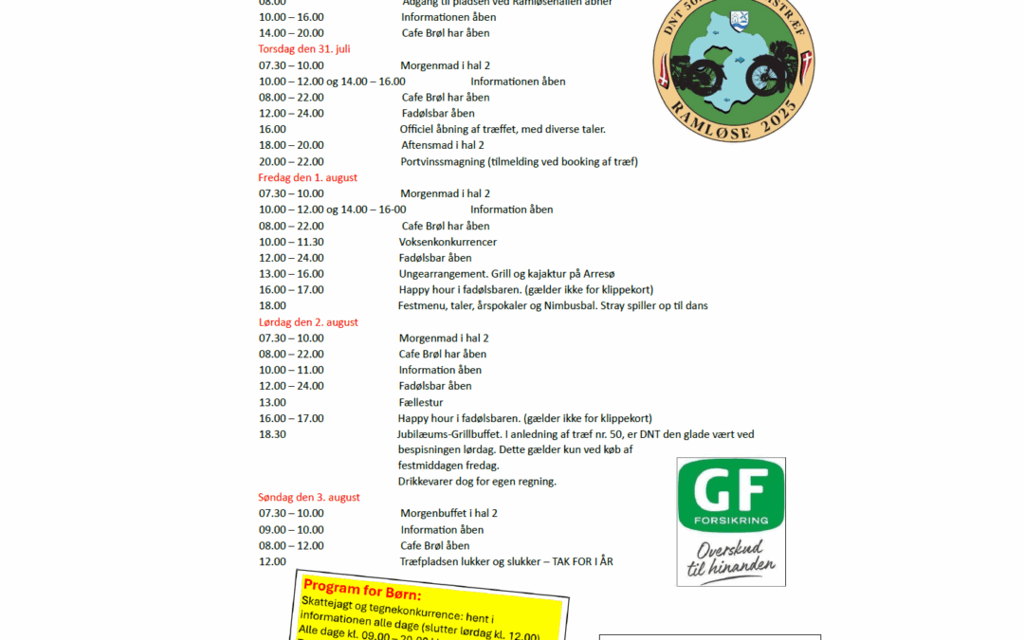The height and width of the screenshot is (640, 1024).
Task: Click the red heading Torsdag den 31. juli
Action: [304, 49]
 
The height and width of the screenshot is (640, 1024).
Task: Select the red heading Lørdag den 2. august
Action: [308, 322]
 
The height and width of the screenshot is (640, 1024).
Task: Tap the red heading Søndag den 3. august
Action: [309, 498]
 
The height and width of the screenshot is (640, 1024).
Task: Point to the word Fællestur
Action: [421, 402]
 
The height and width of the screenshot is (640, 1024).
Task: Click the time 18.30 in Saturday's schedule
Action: [272, 434]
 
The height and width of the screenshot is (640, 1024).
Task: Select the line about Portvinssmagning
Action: [519, 161]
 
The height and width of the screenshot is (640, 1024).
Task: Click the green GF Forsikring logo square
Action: [730, 496]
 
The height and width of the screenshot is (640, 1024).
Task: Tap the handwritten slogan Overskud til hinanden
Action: [731, 559]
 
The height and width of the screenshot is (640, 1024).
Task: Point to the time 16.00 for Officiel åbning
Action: [272, 129]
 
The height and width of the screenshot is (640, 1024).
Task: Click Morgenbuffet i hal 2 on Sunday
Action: [448, 514]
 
